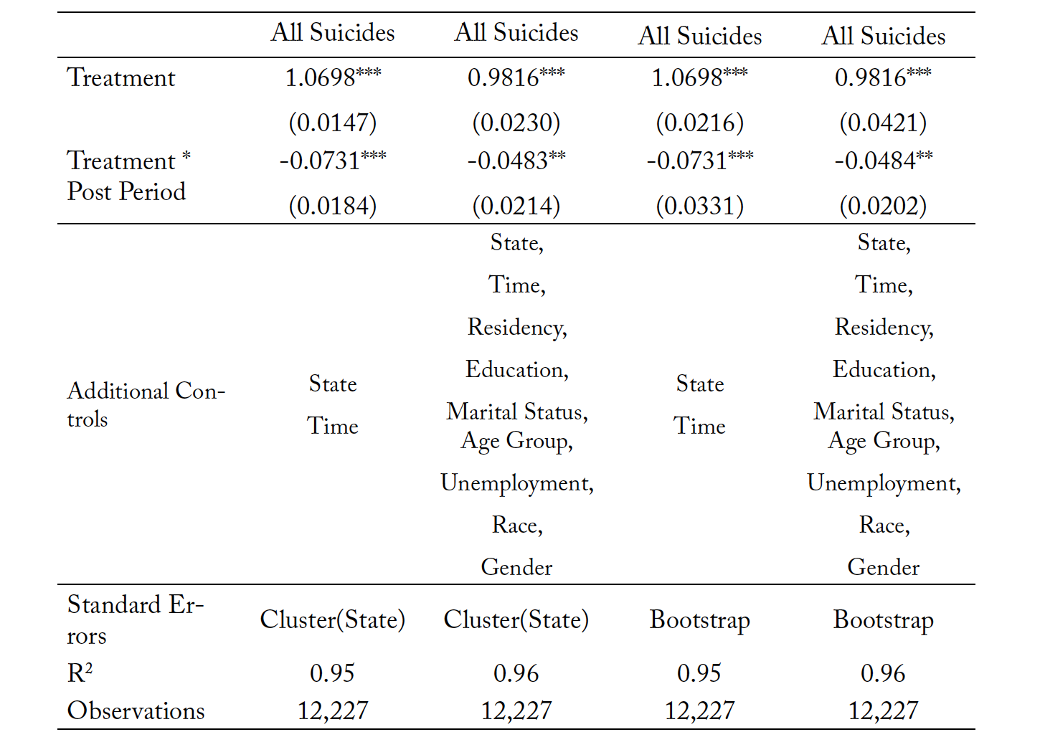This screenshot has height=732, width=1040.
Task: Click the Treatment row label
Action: [x=121, y=77]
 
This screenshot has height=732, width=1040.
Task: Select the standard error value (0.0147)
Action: [x=332, y=123]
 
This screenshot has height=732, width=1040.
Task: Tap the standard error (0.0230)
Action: [x=516, y=123]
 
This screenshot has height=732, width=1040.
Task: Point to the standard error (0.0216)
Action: [x=700, y=123]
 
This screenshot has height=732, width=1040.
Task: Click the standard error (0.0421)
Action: [x=883, y=123]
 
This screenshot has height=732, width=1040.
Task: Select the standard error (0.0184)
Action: [x=332, y=206]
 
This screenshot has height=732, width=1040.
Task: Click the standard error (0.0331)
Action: [x=700, y=206]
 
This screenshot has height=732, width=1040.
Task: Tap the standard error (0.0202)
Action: [x=883, y=206]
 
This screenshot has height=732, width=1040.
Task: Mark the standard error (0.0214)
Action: [x=516, y=206]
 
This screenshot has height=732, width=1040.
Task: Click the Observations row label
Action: [x=136, y=710]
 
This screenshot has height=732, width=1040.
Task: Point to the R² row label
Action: [x=80, y=672]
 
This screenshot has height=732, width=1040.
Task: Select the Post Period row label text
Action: [x=126, y=191]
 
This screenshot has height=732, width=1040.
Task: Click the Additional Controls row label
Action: [x=146, y=405]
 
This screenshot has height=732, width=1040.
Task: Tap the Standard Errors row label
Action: [x=135, y=620]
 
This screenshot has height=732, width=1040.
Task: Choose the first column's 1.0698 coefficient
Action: [x=332, y=77]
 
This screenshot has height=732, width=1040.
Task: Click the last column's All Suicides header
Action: [x=884, y=36]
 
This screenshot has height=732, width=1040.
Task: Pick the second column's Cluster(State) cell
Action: [x=516, y=619]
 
